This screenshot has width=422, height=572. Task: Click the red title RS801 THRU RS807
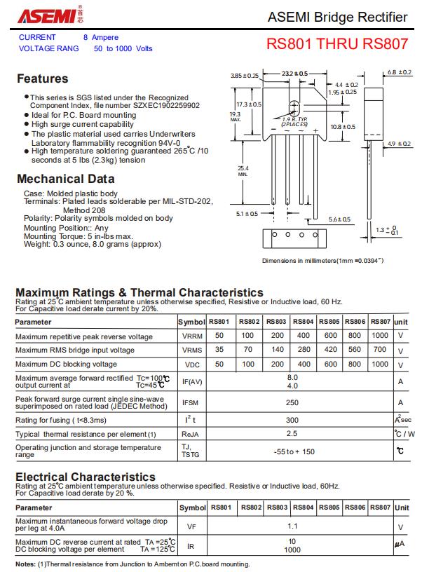click(336, 43)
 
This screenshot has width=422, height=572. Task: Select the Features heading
click(42, 79)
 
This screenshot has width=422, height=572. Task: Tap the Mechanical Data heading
click(65, 179)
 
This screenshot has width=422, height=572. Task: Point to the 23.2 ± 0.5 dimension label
click(294, 73)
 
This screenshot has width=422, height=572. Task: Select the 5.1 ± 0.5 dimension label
click(247, 214)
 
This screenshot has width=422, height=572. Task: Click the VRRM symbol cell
click(192, 336)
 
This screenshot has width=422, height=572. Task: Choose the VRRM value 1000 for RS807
click(380, 335)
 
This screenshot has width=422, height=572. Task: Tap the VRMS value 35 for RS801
click(219, 349)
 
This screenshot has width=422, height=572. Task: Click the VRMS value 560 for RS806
click(355, 349)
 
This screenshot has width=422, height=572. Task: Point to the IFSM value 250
click(292, 402)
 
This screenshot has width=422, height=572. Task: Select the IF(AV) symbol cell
click(192, 381)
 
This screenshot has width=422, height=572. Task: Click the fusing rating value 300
click(292, 419)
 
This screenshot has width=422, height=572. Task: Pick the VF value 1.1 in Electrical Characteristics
click(292, 526)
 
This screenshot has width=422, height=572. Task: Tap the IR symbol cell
click(191, 545)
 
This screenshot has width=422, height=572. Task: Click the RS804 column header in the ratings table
click(304, 322)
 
